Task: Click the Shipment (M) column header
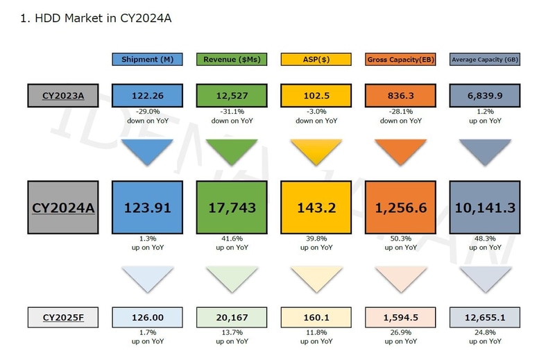point(147,60)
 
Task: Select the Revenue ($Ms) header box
point(232,60)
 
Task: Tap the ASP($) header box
point(316,60)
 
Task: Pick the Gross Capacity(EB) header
point(400,60)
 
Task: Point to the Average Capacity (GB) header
point(485,60)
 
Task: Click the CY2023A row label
point(63,95)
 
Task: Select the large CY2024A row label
point(63,207)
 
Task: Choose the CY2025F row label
point(63,317)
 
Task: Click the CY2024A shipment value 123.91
point(147,207)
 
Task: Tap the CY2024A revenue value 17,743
point(232,207)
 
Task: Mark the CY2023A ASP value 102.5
point(316,95)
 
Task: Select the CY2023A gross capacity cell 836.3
point(400,95)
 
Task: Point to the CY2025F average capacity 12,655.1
point(485,317)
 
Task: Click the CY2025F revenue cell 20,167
point(232,317)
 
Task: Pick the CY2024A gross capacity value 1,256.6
point(400,207)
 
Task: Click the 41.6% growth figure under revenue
point(232,238)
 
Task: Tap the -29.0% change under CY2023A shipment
point(147,111)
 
